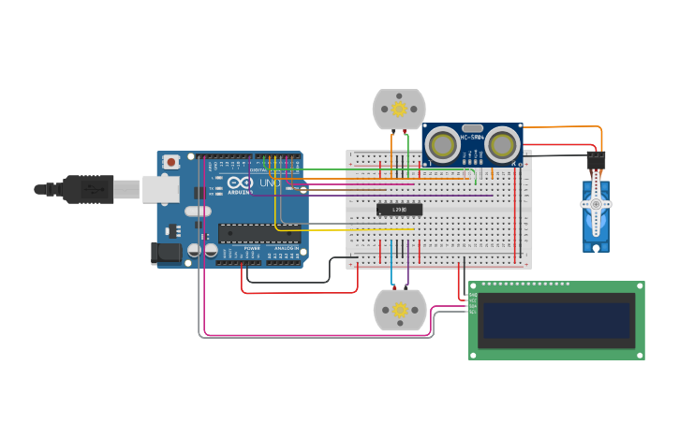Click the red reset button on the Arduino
[x=170, y=162]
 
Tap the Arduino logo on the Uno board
[x=239, y=183]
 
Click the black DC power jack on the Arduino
[x=165, y=252]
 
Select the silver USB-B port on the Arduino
[x=160, y=189]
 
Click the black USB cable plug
[x=88, y=189]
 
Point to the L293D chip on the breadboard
[x=399, y=210]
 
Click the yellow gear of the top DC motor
[x=399, y=110]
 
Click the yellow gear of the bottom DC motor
[x=400, y=310]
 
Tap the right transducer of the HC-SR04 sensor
[x=502, y=144]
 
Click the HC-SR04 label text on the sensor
[x=471, y=139]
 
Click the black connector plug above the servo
[x=596, y=160]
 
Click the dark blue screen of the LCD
[x=556, y=320]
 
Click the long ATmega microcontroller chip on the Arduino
[x=259, y=233]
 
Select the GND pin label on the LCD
[x=473, y=295]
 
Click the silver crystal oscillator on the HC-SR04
[x=472, y=127]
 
